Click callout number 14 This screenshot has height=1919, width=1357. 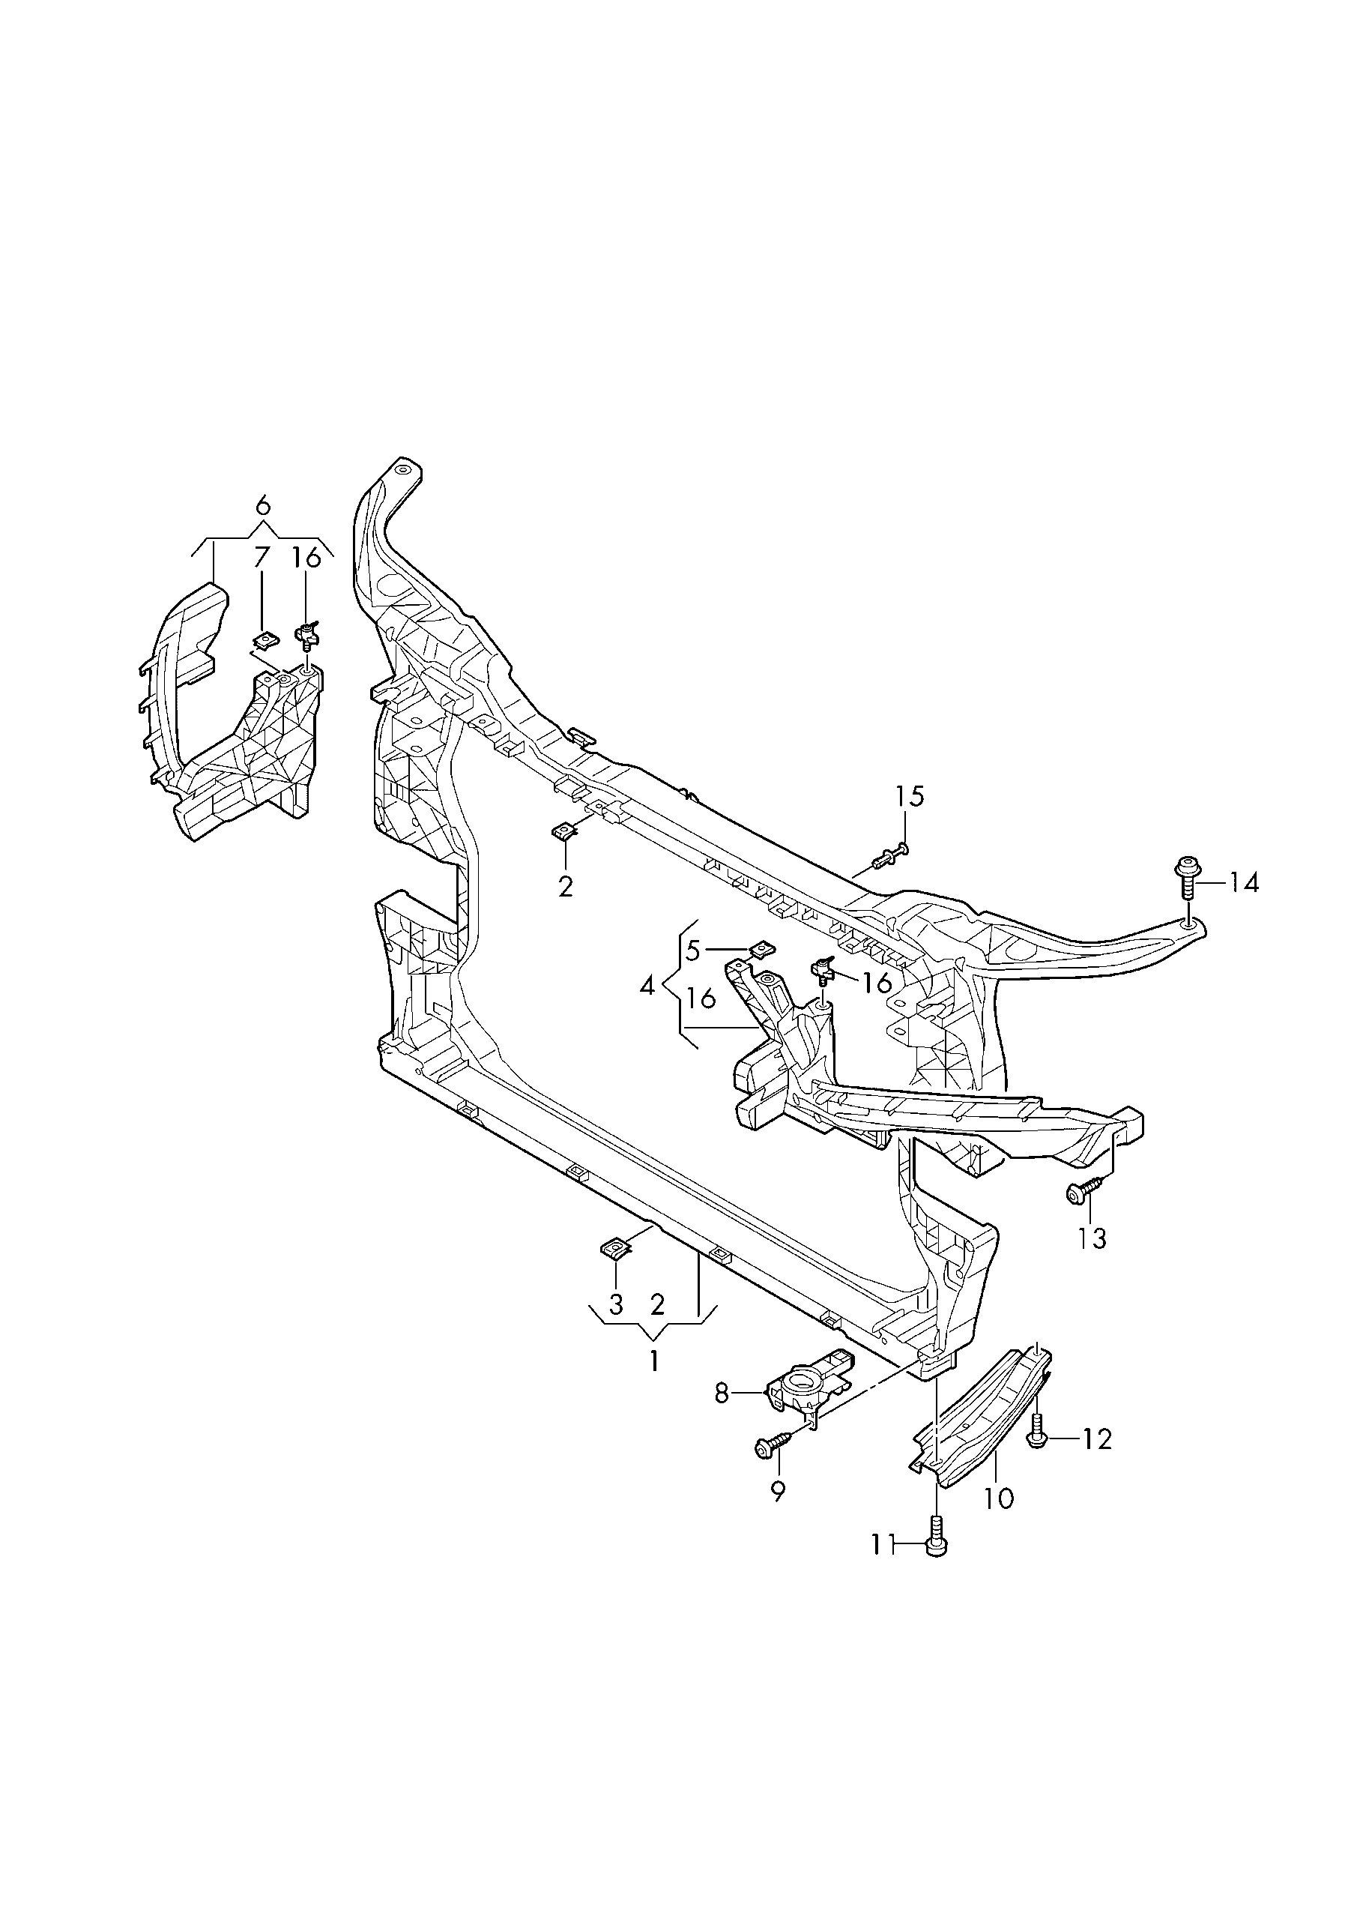click(x=1244, y=882)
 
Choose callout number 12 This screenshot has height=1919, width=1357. click(x=1097, y=1439)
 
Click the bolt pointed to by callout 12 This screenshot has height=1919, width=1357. click(x=1037, y=1434)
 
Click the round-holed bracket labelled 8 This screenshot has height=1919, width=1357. click(x=804, y=1388)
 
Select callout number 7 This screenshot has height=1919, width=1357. click(x=262, y=558)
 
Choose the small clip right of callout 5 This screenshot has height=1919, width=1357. click(x=761, y=949)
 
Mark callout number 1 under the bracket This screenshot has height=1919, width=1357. click(x=654, y=1361)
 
